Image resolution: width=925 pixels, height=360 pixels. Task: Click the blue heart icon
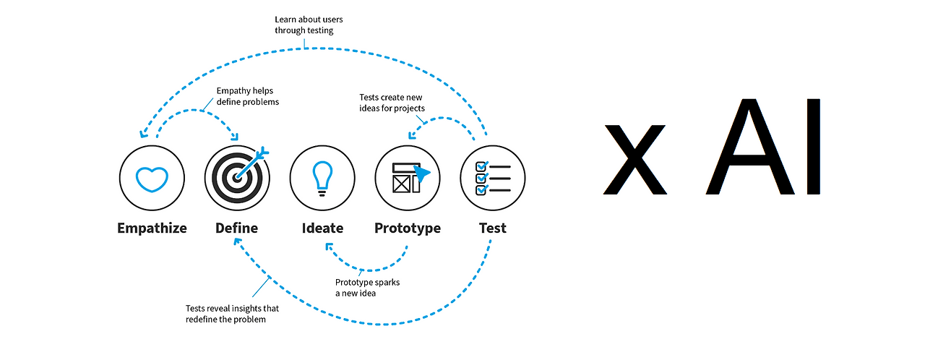(x=152, y=179)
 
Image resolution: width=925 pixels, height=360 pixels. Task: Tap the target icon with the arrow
(x=237, y=178)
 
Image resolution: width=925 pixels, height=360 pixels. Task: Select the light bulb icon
(x=322, y=179)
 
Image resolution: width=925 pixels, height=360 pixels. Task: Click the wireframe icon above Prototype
(x=408, y=178)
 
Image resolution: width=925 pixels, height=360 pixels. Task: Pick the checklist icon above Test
(x=493, y=178)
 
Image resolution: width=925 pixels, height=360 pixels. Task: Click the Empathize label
(x=152, y=228)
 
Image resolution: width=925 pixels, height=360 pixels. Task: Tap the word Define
(x=236, y=228)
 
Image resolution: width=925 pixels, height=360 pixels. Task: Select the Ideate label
(x=322, y=228)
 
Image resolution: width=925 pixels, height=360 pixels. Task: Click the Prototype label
(x=408, y=228)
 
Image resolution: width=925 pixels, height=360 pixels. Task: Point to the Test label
(x=493, y=228)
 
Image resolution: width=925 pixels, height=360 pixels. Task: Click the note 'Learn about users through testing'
(x=309, y=25)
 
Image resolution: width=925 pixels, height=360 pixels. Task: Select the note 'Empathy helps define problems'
(x=248, y=96)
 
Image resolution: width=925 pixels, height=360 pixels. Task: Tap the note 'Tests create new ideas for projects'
(x=392, y=103)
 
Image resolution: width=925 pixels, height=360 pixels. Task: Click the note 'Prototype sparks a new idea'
(x=368, y=288)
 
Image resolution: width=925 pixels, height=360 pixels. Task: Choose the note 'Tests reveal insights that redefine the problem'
(x=232, y=314)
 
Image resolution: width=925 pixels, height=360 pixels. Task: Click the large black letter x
(x=634, y=159)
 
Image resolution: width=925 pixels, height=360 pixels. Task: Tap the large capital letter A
(x=750, y=147)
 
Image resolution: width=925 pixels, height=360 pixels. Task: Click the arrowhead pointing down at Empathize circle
(x=143, y=133)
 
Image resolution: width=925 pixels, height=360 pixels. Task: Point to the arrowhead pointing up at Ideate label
(x=329, y=247)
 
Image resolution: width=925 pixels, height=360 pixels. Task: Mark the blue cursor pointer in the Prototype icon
(x=421, y=173)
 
